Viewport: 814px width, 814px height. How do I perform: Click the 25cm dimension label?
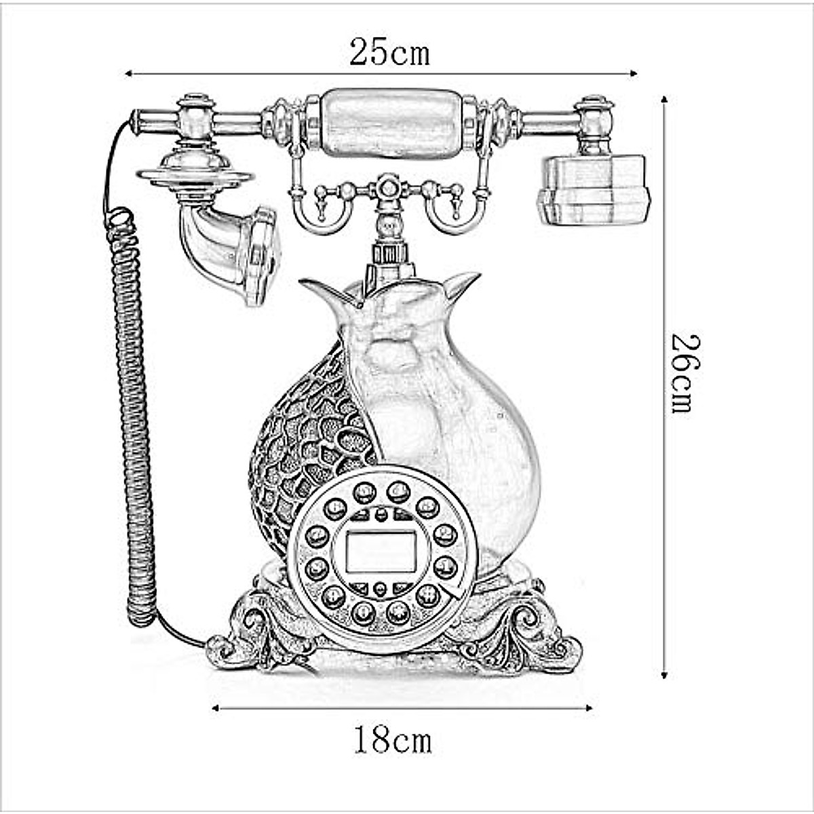(x=389, y=52)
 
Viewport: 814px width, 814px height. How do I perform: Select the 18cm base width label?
(x=392, y=739)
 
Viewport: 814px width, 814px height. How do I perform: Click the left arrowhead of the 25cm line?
(x=128, y=73)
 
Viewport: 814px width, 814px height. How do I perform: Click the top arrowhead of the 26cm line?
(x=664, y=100)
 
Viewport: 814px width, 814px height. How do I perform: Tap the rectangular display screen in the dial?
(x=381, y=551)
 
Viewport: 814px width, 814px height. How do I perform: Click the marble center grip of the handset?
(x=391, y=123)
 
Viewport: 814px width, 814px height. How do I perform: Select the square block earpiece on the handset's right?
(x=594, y=189)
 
